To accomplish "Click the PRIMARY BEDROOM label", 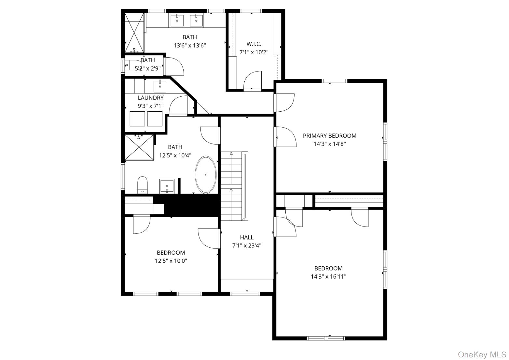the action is (329, 136).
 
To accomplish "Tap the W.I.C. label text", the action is (254, 44).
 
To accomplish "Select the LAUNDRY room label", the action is (151, 98).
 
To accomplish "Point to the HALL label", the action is (247, 237).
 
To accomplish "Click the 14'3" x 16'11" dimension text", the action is (329, 277).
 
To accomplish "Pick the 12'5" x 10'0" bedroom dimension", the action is (171, 261).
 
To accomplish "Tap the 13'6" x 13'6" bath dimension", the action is (190, 46).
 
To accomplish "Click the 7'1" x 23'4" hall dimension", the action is (247, 245).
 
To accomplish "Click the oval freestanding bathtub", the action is (206, 175).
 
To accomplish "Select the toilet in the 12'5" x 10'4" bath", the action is (143, 185).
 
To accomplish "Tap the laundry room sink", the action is (160, 86).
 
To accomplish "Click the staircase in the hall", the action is (234, 186).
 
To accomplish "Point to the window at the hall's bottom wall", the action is (245, 294).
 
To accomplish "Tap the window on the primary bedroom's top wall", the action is (335, 81).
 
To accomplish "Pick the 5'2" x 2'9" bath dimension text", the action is (148, 68).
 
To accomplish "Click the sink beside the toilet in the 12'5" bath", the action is (167, 186).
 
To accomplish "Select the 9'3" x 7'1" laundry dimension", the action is (151, 106).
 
